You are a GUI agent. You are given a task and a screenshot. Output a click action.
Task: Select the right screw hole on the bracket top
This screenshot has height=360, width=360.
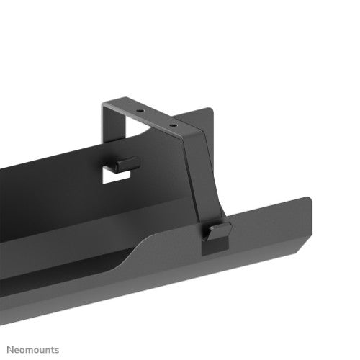point(172,123)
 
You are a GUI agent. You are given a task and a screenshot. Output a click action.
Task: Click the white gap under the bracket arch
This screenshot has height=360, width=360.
point(144,144)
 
